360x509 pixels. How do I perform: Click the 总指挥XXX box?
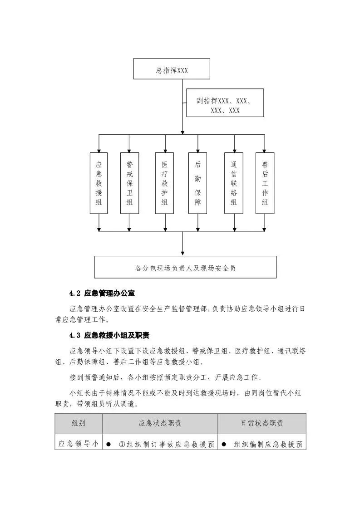(x=171, y=69)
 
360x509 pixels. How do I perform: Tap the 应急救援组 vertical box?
(x=99, y=183)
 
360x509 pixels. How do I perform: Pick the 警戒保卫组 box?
(x=129, y=183)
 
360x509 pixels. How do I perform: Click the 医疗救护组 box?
(x=164, y=183)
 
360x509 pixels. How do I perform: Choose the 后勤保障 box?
(x=197, y=183)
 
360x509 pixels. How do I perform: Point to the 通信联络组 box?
(x=234, y=183)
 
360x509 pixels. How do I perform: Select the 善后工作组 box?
(x=265, y=183)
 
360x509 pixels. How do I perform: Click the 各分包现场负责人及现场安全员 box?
(x=185, y=267)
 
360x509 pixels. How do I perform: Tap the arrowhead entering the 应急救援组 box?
(x=99, y=150)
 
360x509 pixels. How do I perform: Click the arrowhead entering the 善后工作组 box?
(x=265, y=150)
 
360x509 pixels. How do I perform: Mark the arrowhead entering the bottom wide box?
(x=182, y=253)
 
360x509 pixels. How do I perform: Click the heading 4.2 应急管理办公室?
(x=102, y=293)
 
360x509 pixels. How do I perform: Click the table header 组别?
(x=79, y=423)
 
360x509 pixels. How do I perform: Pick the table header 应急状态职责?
(x=160, y=423)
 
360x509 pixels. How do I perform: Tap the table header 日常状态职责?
(x=262, y=423)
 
